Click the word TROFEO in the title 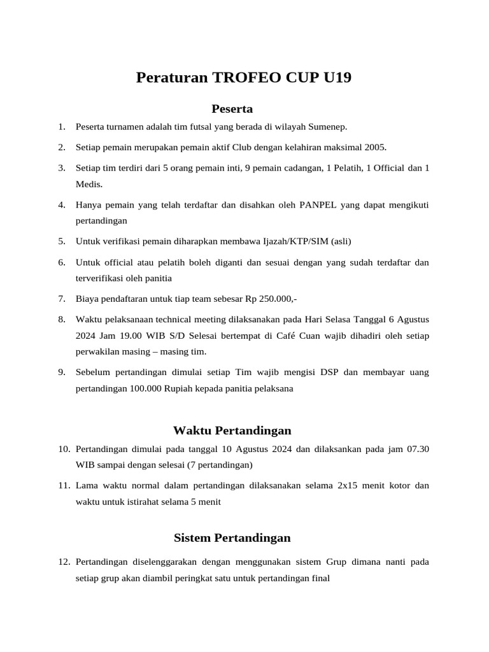pyautogui.click(x=241, y=78)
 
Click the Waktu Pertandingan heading pyautogui.click(x=232, y=430)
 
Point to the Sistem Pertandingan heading pyautogui.click(x=232, y=538)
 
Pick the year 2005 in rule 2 pyautogui.click(x=375, y=147)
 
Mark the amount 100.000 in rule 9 pyautogui.click(x=145, y=388)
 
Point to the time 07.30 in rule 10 pyautogui.click(x=416, y=449)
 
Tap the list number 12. pyautogui.click(x=63, y=562)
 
